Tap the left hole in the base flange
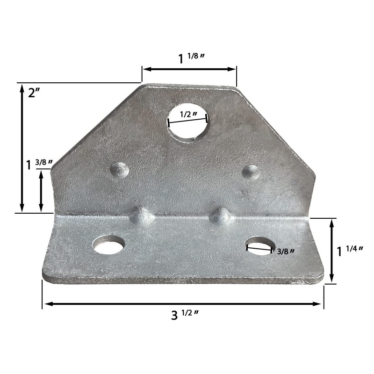pos(109,245)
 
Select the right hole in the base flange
pos(260,246)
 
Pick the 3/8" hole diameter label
pos(285,252)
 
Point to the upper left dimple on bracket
pos(120,169)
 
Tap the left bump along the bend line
pos(143,216)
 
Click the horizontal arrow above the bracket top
pos(189,69)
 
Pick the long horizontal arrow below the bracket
pos(183,304)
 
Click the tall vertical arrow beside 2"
pos(22,148)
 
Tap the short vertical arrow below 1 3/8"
pos(41,190)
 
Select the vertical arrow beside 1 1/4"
pos(332,250)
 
